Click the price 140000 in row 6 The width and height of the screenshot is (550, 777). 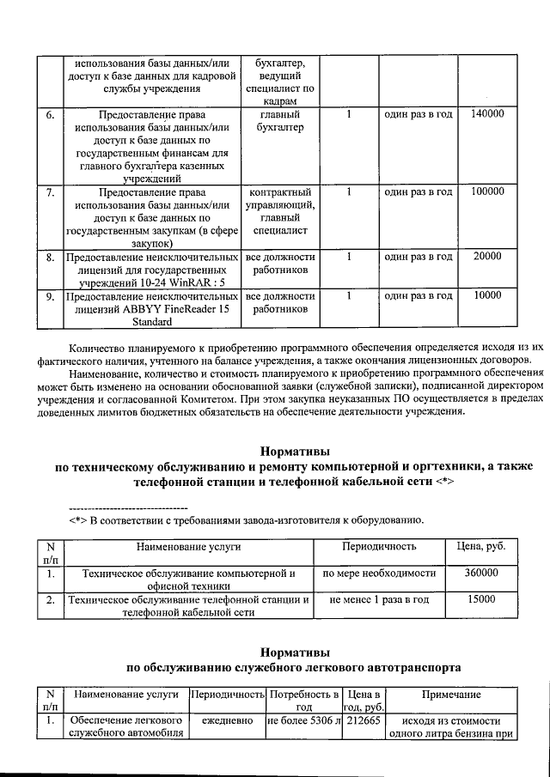click(487, 114)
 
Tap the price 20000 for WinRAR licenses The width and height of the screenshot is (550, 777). click(487, 257)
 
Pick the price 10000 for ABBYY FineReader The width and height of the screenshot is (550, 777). click(487, 295)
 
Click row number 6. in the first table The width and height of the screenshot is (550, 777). click(50, 114)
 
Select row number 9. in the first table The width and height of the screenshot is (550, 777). click(50, 295)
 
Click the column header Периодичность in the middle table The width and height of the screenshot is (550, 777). click(378, 546)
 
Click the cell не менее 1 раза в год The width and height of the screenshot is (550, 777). click(378, 600)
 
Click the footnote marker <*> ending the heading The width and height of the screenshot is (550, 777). click(440, 483)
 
